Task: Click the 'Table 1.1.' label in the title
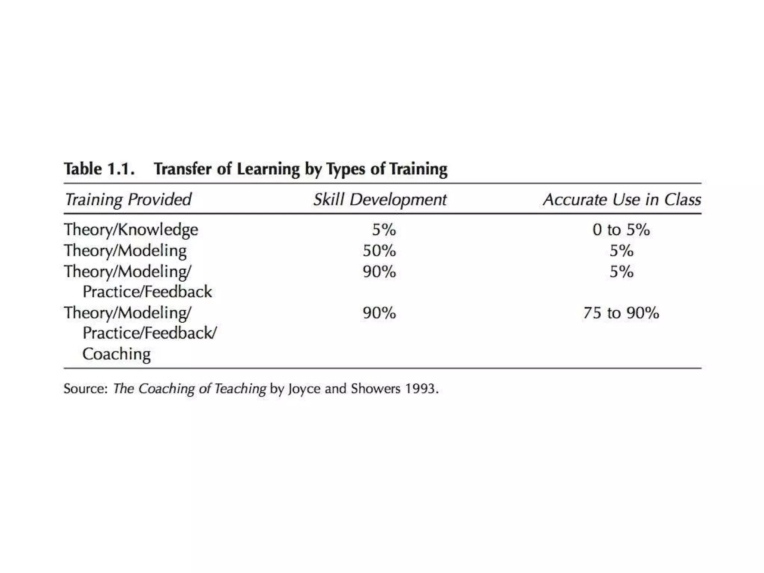coord(99,169)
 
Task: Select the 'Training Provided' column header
coord(128,199)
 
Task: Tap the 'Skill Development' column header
coord(380,199)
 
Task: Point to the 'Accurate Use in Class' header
coord(622,199)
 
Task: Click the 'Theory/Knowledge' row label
coord(131,229)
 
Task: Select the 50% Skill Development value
coord(379,251)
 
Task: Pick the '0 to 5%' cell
coord(621,229)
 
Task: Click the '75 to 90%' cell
coord(621,313)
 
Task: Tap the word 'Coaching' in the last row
coord(116,354)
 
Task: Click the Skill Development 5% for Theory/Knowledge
coord(384,229)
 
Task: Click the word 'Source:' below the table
coord(85,389)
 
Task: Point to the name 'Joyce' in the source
coord(304,389)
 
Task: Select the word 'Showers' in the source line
coord(375,389)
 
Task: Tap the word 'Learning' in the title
coord(268,169)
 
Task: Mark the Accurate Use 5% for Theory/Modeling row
coord(621,251)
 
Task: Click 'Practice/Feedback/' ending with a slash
coord(149,333)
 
